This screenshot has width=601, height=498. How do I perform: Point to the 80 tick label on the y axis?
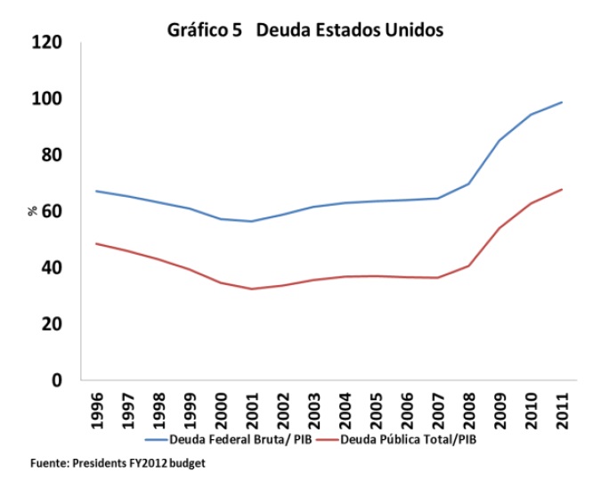tap(51, 154)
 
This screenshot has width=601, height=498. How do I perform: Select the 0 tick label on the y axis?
tap(59, 380)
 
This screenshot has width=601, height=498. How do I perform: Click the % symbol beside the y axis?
tap(32, 211)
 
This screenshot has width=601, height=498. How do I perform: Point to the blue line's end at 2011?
tap(563, 102)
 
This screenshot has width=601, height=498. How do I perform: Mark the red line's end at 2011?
tap(563, 189)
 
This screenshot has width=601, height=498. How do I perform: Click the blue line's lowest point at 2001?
tap(252, 221)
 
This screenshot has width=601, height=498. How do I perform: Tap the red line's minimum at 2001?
tap(252, 289)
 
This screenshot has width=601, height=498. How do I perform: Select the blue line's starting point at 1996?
tap(96, 191)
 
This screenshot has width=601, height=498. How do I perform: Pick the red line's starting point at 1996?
tap(96, 243)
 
